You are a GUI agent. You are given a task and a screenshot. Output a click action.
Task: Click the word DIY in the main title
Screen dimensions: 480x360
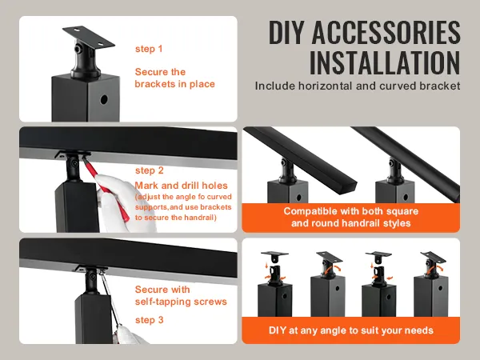(x=287, y=32)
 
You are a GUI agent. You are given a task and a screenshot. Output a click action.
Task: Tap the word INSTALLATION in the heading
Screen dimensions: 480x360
(x=385, y=62)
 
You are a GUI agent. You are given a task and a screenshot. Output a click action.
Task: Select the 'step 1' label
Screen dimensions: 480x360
(x=149, y=49)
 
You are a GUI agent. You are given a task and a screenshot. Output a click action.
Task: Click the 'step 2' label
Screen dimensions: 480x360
(x=150, y=170)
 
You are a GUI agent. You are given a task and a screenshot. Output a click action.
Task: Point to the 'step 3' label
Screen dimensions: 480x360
(x=150, y=320)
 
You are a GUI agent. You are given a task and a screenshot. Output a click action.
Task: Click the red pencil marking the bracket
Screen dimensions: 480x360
(x=106, y=187)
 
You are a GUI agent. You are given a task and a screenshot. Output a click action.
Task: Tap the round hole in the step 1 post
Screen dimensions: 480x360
(x=104, y=99)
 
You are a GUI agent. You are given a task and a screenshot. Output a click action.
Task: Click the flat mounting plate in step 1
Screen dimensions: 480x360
(x=89, y=37)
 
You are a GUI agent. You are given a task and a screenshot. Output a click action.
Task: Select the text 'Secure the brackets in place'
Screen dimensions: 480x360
(x=174, y=78)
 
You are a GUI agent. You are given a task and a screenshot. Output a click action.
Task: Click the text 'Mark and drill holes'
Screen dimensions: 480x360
(x=182, y=186)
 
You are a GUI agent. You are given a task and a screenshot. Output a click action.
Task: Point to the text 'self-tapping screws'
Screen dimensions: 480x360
(x=181, y=302)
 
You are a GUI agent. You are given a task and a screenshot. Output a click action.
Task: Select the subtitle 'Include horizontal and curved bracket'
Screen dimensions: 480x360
(x=358, y=86)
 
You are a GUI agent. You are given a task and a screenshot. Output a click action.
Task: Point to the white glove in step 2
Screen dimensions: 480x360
(x=116, y=202)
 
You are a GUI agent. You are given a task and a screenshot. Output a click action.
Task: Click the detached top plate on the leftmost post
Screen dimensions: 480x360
(x=274, y=255)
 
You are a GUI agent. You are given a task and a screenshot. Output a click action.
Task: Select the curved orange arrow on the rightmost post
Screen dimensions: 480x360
(x=436, y=270)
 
